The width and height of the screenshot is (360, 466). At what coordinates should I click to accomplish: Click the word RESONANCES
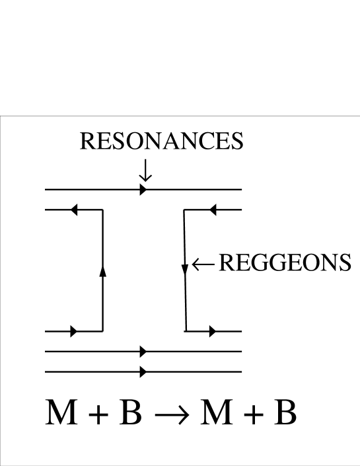pos(161,141)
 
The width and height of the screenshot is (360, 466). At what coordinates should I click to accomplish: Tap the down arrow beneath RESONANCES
pos(145,171)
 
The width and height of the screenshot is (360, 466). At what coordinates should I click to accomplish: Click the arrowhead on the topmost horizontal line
pos(143,190)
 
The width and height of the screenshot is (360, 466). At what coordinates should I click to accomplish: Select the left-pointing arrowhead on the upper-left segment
pos(74,210)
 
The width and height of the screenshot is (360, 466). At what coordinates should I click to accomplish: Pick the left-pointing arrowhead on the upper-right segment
pos(213,210)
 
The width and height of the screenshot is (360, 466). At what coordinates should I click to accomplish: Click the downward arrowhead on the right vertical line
pos(185,268)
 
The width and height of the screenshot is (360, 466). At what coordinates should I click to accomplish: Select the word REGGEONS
pos(284,263)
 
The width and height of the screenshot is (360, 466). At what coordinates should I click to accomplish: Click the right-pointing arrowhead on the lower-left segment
pos(73,331)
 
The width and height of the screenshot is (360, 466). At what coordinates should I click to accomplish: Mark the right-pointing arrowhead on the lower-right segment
pos(212,331)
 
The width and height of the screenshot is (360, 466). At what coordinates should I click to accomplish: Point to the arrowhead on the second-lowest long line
pos(143,351)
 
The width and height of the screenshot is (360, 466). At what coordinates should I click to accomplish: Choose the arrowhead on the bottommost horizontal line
pos(143,372)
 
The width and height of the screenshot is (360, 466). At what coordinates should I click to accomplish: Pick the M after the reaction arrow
pos(217,412)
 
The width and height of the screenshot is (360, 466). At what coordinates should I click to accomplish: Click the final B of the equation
pos(285,412)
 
